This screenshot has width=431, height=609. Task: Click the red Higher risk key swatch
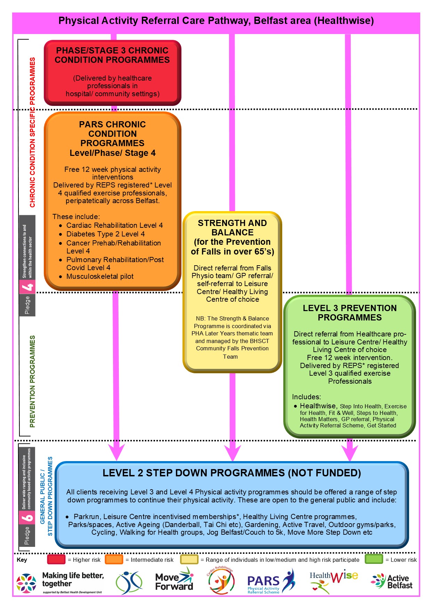pos(56,560)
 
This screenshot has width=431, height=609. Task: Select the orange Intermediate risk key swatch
pos(114,560)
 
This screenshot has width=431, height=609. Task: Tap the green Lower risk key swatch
pos(374,559)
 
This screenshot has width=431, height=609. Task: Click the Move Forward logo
pos(174,581)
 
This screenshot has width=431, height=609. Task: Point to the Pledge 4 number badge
pos(27,287)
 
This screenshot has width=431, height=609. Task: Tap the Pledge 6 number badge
pos(27,517)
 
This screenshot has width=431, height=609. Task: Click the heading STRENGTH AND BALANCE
pos(232,228)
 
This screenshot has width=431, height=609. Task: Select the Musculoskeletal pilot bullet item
pos(100,276)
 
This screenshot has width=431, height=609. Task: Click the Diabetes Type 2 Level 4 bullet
pos(105,234)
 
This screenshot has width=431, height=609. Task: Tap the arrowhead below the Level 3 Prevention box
pos(349,453)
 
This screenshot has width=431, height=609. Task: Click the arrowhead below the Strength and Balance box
pos(233,453)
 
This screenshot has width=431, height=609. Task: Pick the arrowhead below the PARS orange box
pos(116,453)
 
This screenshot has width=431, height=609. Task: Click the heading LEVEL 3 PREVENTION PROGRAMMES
pos(350,313)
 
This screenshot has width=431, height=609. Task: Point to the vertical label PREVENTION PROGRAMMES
pos(33,381)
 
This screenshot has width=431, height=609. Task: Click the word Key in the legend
pos(22,560)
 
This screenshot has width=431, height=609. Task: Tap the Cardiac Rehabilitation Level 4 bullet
pos(114,225)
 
